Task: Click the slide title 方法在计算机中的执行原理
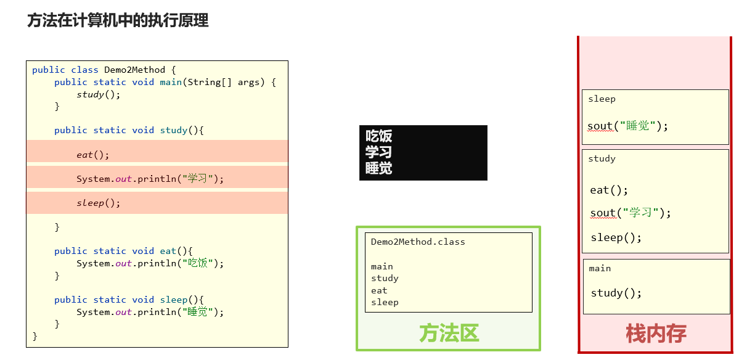pyautogui.click(x=118, y=20)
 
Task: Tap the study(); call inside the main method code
pyautogui.click(x=99, y=94)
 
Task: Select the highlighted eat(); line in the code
pyautogui.click(x=92, y=155)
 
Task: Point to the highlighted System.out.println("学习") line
pyautogui.click(x=150, y=179)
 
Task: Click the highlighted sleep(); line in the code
pyautogui.click(x=99, y=203)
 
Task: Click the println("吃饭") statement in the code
pyautogui.click(x=150, y=263)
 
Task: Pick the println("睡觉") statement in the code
pyautogui.click(x=150, y=312)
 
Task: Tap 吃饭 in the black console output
pyautogui.click(x=378, y=136)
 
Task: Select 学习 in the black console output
pyautogui.click(x=378, y=152)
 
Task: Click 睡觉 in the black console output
pyautogui.click(x=378, y=168)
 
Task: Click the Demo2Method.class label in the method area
pyautogui.click(x=418, y=242)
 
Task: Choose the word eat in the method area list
pyautogui.click(x=379, y=290)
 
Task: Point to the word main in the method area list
pyautogui.click(x=382, y=266)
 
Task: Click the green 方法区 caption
pyautogui.click(x=449, y=333)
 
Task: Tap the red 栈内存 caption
pyautogui.click(x=656, y=334)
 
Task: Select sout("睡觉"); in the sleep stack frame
pyautogui.click(x=627, y=126)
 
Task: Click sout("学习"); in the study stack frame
pyautogui.click(x=631, y=213)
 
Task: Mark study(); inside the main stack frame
pyautogui.click(x=616, y=293)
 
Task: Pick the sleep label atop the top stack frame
pyautogui.click(x=602, y=99)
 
